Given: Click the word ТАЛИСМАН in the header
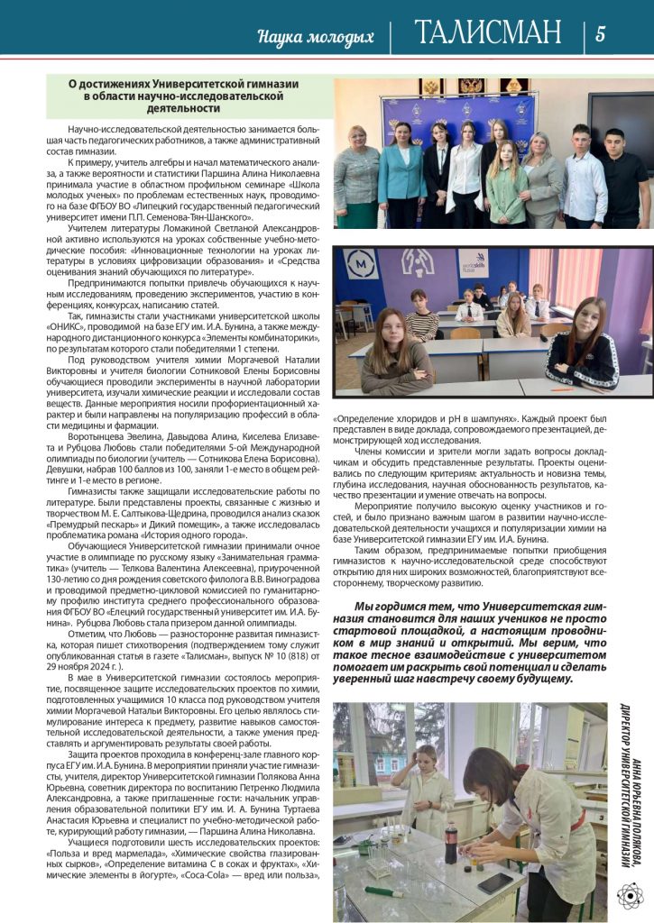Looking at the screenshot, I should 488,34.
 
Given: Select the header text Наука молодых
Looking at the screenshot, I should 316,38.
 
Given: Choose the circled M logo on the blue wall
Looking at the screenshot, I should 363,265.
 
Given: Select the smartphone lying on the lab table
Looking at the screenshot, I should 495,882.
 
